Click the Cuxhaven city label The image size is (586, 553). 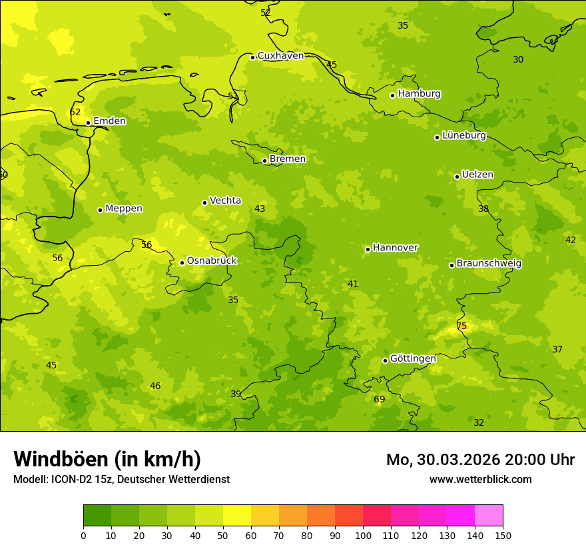tap(280, 56)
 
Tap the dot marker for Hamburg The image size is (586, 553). tap(393, 95)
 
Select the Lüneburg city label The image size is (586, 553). tap(464, 135)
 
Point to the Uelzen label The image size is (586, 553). tap(477, 175)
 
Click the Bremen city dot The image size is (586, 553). tap(264, 161)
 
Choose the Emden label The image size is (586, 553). tap(109, 121)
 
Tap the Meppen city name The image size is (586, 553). tap(124, 209)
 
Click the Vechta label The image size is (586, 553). tap(225, 201)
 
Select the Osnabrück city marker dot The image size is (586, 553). tap(182, 263)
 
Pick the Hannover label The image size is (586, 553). tap(395, 248)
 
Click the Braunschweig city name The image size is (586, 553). tap(489, 263)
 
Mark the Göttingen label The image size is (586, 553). tap(413, 358)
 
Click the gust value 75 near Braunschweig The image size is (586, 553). tap(461, 326)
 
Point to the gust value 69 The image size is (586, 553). tap(379, 400)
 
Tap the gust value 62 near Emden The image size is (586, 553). tap(75, 113)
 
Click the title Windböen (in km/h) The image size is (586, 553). tap(107, 459)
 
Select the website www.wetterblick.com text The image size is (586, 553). tap(480, 480)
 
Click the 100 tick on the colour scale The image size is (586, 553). tap(363, 535)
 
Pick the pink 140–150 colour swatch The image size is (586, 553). tap(489, 516)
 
